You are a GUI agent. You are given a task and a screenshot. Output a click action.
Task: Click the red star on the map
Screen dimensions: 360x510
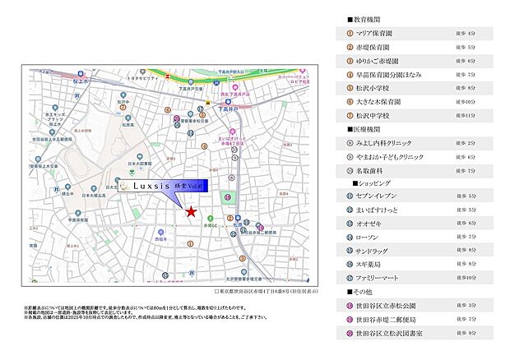click(191, 212)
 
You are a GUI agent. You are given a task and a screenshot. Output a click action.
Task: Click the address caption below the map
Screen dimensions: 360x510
click(264, 292)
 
